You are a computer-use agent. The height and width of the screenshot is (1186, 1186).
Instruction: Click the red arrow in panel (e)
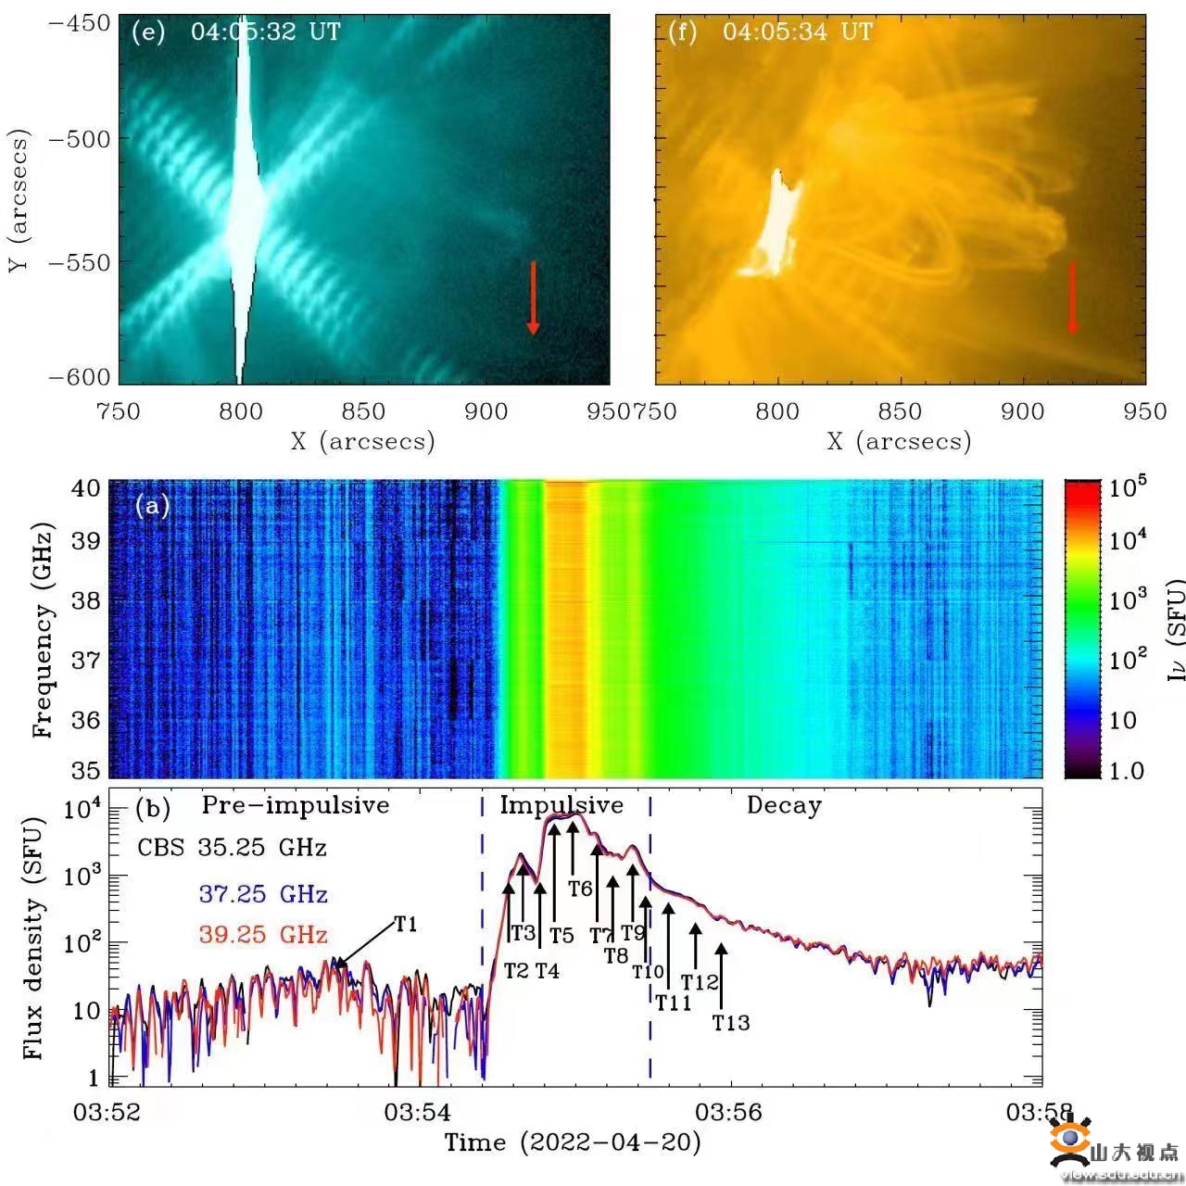pyautogui.click(x=533, y=297)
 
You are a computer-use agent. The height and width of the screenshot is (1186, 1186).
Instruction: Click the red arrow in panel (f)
pyautogui.click(x=1073, y=297)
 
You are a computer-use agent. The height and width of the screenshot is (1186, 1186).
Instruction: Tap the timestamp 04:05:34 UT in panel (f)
pyautogui.click(x=798, y=32)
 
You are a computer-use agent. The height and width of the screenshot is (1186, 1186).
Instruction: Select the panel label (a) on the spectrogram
pyautogui.click(x=152, y=506)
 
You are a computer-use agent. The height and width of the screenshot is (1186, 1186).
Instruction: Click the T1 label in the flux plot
pyautogui.click(x=406, y=925)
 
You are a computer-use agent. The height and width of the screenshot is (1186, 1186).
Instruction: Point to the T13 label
pyautogui.click(x=731, y=1023)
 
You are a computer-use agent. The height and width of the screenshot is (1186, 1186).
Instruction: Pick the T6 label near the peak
pyautogui.click(x=580, y=889)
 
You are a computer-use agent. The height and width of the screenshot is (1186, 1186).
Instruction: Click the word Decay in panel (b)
pyautogui.click(x=784, y=806)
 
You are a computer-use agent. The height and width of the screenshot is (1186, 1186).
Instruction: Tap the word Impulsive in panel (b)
pyautogui.click(x=561, y=805)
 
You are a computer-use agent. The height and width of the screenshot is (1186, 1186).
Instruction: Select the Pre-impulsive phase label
pyautogui.click(x=296, y=805)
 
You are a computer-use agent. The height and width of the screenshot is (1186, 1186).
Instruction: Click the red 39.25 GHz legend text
pyautogui.click(x=263, y=935)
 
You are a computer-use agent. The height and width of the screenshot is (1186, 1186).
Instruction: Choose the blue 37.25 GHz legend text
pyautogui.click(x=263, y=894)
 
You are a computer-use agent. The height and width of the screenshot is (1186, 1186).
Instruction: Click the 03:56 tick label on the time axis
pyautogui.click(x=729, y=1112)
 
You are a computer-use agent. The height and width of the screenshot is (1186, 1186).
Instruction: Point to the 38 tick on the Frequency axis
pyautogui.click(x=86, y=600)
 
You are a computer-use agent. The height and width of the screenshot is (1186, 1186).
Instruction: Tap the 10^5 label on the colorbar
pyautogui.click(x=1128, y=487)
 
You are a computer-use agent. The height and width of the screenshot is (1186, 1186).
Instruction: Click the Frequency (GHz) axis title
pyautogui.click(x=42, y=630)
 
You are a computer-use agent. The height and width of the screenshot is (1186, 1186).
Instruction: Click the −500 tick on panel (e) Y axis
pyautogui.click(x=79, y=140)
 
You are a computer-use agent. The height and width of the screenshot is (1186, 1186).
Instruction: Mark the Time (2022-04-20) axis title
pyautogui.click(x=573, y=1142)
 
